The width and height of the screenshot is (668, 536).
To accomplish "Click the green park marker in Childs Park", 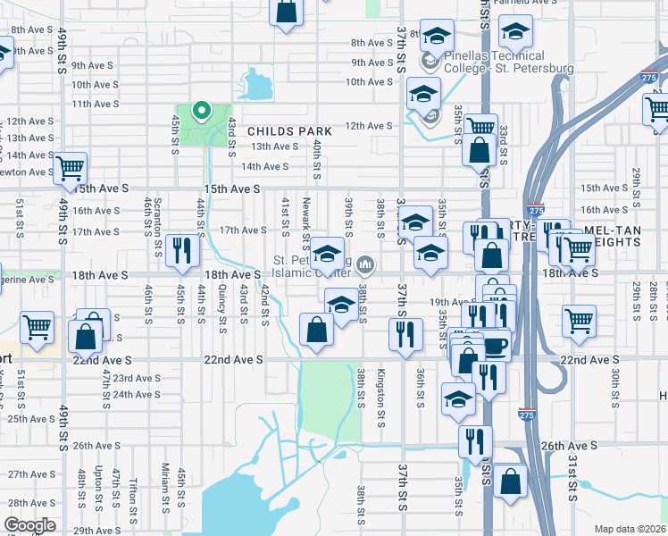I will pos(202,113).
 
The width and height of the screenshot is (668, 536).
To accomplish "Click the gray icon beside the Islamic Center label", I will pos(364,264).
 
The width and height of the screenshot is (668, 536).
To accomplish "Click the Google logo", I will pos(29,525).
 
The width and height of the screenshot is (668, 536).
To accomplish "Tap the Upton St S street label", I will pos(96,487).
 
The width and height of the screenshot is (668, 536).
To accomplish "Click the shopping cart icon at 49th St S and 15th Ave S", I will pos(70,167).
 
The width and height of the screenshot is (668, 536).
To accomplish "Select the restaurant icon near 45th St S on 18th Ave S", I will pos(182,250).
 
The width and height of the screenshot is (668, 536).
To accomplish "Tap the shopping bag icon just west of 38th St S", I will pos(317,330).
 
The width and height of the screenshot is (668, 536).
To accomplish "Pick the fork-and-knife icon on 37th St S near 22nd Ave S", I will pos(406,334).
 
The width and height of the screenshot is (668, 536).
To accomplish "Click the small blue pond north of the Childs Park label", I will pos(257,88).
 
